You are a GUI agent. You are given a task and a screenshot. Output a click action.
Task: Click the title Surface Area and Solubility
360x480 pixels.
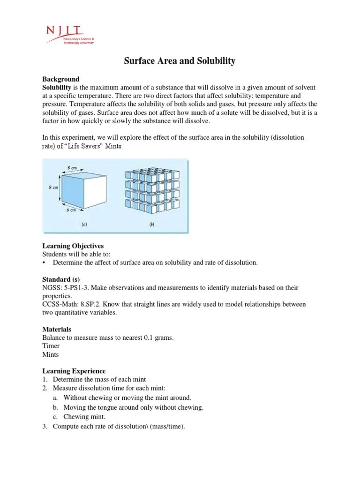click(x=180, y=61)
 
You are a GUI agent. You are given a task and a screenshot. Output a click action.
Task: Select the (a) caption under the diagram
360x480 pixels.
click(x=84, y=224)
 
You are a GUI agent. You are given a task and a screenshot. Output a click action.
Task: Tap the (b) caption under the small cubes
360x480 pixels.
click(x=152, y=224)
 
